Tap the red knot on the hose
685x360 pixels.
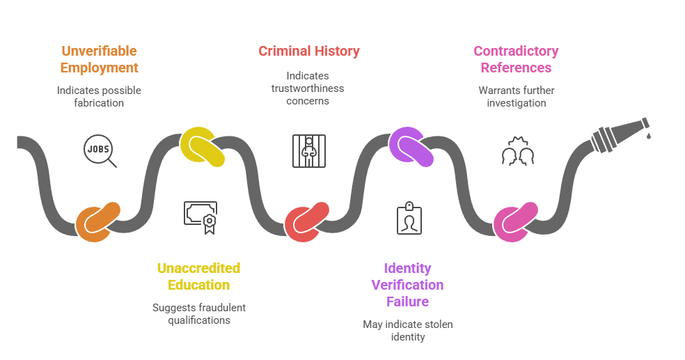coord(306,222)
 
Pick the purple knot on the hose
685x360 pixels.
coord(411,147)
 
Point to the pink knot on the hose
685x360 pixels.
coord(515,222)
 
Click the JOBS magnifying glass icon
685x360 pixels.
coord(99,150)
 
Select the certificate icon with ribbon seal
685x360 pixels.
coord(200,217)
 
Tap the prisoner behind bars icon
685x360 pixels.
coord(307,150)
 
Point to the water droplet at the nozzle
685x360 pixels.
coord(648,135)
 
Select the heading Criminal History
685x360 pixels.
coord(308,51)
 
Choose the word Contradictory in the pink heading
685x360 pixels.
coord(516,51)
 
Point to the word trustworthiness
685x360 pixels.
coord(307,88)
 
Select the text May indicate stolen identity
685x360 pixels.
coord(407,331)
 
